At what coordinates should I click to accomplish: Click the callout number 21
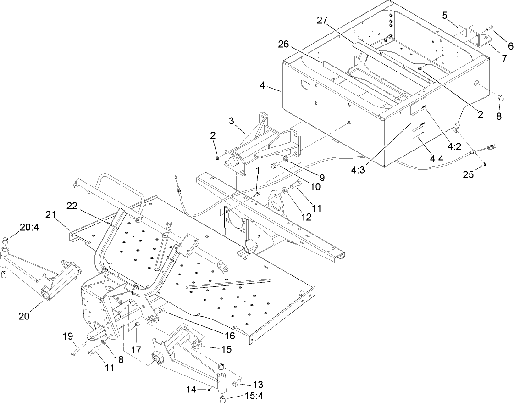pos(52,214)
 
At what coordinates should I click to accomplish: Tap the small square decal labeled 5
pos(463,31)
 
